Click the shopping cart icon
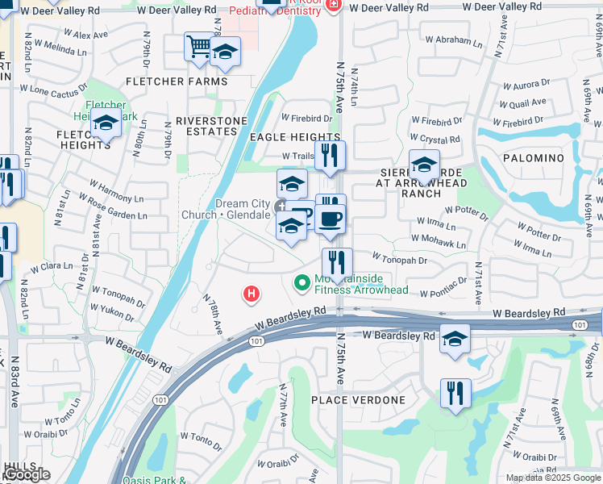coord(198,45)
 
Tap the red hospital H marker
coord(252,294)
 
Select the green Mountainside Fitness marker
coord(302,282)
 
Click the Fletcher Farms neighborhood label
coord(176,81)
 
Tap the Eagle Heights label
coord(294,138)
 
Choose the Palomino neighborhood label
coord(533,158)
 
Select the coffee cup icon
coord(329,219)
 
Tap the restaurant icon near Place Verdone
coord(455,393)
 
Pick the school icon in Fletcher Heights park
coord(106,123)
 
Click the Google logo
coord(27,475)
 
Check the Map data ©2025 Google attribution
coord(552,478)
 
